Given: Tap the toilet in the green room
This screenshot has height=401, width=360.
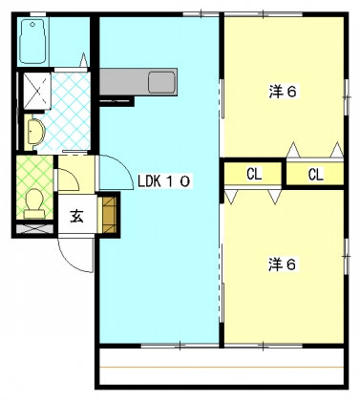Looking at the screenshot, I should click(x=35, y=201).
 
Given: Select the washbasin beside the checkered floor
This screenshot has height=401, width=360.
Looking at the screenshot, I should click(x=35, y=130).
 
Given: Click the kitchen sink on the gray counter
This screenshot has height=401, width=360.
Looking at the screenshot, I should click(x=158, y=81).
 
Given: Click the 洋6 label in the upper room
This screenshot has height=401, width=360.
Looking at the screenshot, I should click(x=282, y=93).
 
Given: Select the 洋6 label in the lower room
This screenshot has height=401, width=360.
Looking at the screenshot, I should click(x=282, y=264).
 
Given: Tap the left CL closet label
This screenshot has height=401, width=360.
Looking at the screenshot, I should click(x=254, y=175).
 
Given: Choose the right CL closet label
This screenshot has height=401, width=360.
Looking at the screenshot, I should click(x=316, y=175).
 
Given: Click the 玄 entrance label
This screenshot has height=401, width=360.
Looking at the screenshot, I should click(x=75, y=216).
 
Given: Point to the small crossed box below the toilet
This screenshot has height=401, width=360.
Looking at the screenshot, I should click(x=34, y=230).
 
